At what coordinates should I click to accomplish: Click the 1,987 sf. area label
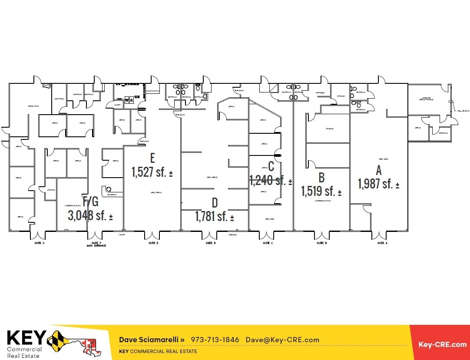tap(378, 184)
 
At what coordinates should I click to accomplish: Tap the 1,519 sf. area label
tap(321, 191)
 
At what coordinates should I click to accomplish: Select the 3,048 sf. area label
tap(90, 215)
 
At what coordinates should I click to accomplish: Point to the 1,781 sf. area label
tap(214, 216)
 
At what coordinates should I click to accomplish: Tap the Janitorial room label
tap(59, 99)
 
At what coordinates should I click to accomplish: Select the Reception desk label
tap(112, 195)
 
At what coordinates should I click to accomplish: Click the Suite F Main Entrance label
tap(96, 244)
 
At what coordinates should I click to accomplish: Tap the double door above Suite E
tap(152, 236)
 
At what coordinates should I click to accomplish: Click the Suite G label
tap(40, 243)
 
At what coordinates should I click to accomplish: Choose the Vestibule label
tap(320, 92)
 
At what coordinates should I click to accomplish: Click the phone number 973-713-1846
tap(215, 340)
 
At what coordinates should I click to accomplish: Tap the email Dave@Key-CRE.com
tap(282, 340)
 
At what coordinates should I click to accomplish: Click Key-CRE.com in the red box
tap(442, 344)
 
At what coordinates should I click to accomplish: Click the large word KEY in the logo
tap(26, 338)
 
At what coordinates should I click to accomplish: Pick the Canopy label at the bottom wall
tap(122, 235)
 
